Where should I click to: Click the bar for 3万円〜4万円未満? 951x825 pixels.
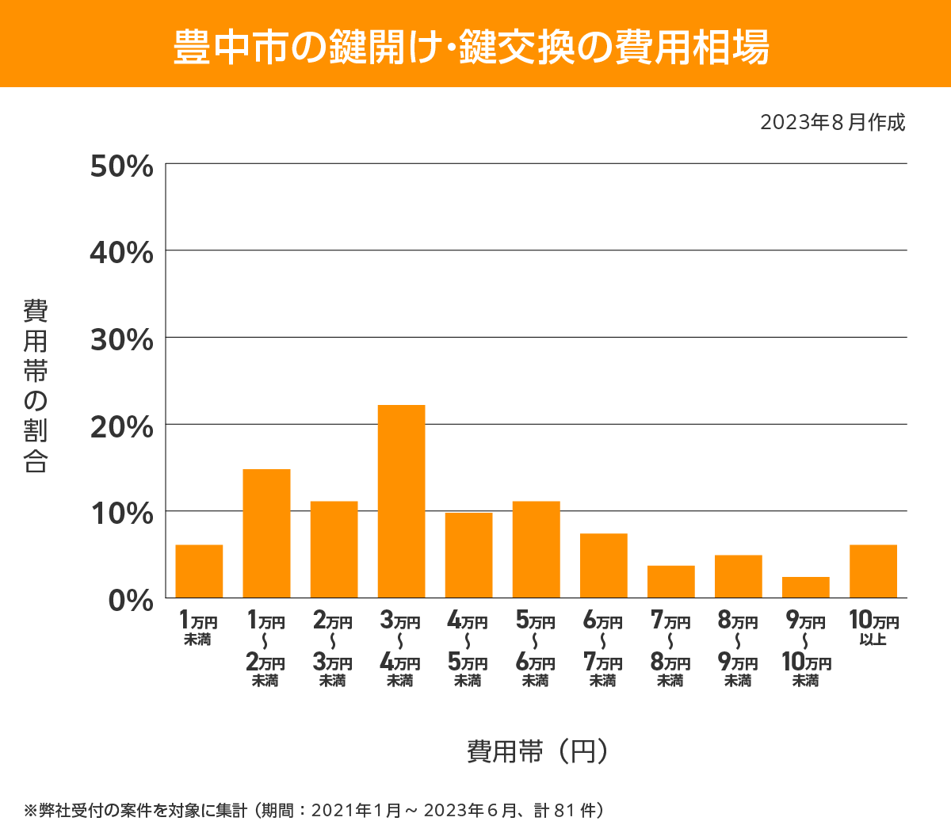point(401,501)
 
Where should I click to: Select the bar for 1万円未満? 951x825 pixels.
point(199,571)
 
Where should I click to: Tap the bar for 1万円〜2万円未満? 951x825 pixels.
point(266,533)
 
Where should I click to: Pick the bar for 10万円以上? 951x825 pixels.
point(873,571)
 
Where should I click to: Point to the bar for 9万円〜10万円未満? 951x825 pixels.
point(805,586)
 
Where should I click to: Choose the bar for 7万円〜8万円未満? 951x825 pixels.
point(670,581)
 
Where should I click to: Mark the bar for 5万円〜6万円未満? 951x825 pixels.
point(536,549)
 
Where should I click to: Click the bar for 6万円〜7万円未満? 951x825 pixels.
point(603,565)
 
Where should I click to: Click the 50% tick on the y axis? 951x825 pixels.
point(121,166)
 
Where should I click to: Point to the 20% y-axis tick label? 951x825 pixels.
point(121,427)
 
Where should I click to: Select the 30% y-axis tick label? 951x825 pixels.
point(121,340)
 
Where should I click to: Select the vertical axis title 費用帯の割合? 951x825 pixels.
point(36,386)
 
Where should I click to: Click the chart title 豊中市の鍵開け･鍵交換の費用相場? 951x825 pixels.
point(472,46)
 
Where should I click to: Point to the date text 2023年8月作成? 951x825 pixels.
point(832,122)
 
